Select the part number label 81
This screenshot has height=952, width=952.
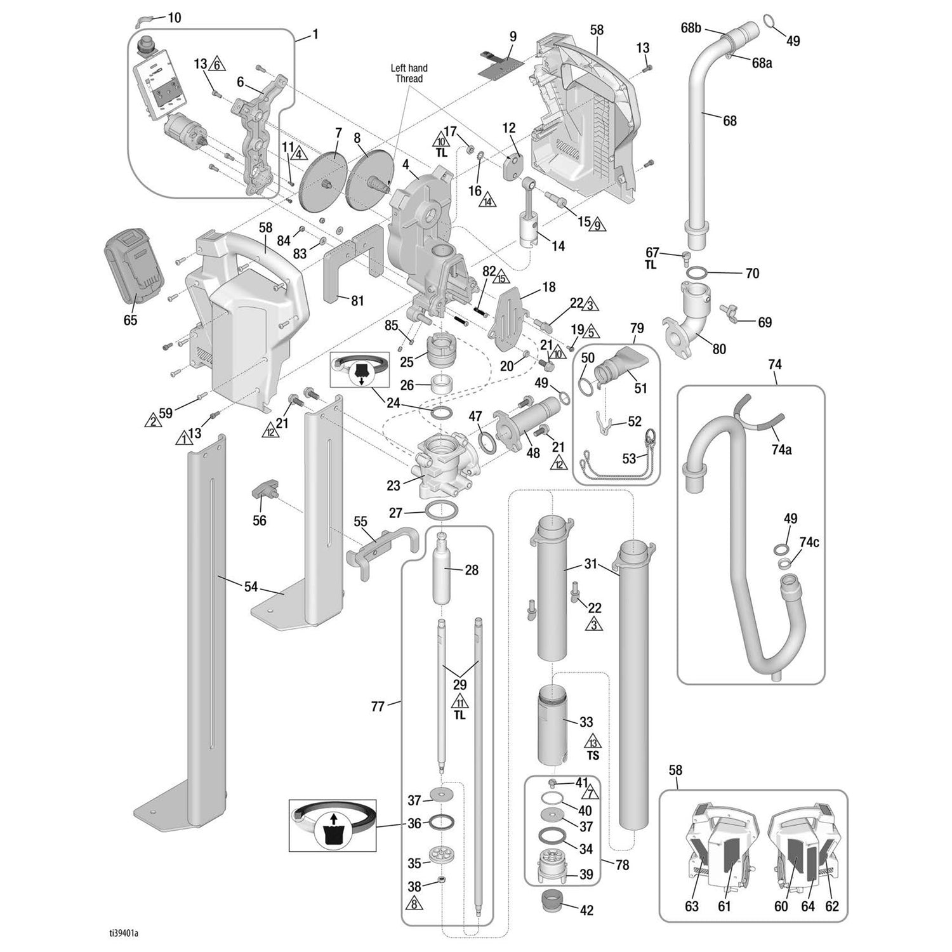point(357,300)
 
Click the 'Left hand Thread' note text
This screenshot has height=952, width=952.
point(409,73)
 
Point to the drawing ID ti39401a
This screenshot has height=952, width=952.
point(123,934)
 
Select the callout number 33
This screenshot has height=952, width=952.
point(586,722)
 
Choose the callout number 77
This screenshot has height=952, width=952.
point(378,706)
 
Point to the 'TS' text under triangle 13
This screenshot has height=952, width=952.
point(593,756)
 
